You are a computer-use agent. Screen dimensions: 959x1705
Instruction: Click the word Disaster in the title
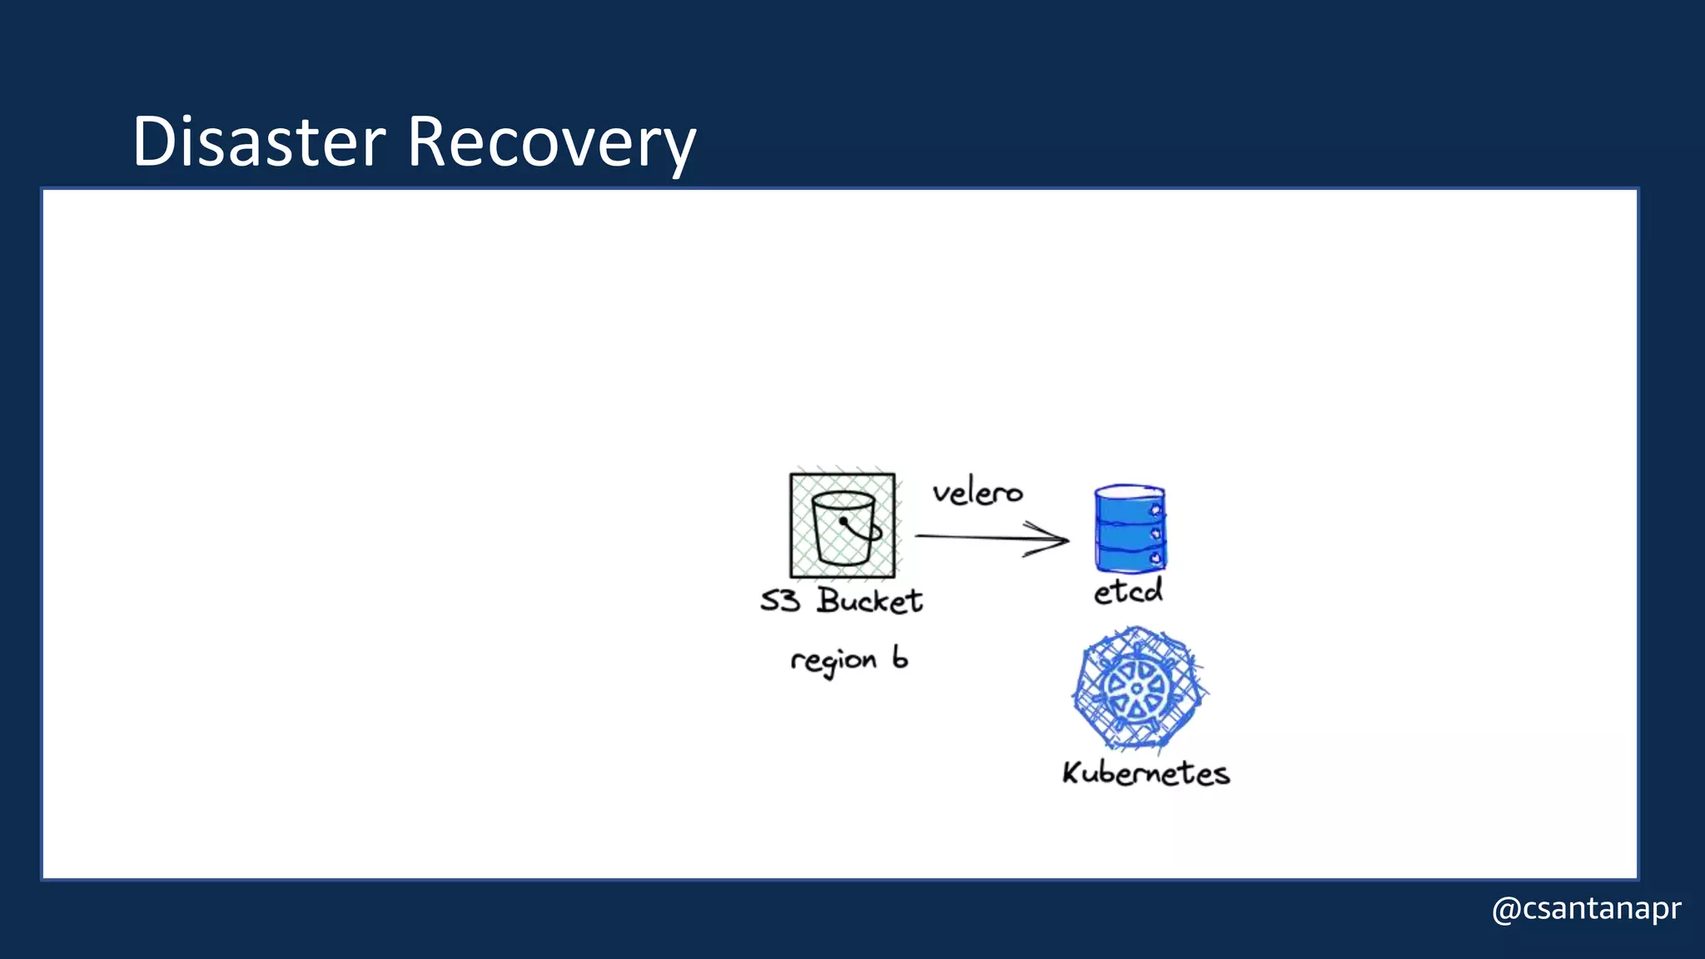click(x=259, y=142)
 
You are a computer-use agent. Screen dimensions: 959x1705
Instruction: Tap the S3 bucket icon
click(x=843, y=526)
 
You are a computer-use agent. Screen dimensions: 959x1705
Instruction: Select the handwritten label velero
click(x=977, y=493)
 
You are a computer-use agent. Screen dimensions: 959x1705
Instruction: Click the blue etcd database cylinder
click(x=1130, y=529)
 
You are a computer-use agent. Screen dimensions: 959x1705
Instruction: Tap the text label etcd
click(x=1128, y=592)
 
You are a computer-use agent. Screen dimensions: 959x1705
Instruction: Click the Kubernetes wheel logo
click(x=1137, y=689)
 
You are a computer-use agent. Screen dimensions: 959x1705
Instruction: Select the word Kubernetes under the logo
click(x=1146, y=773)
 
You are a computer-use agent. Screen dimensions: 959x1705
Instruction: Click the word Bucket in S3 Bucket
click(x=870, y=601)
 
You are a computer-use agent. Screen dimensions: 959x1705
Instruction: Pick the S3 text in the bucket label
click(x=780, y=601)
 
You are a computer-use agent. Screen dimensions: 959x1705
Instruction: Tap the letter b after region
click(x=900, y=658)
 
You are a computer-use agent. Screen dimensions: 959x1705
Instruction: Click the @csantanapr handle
click(x=1587, y=908)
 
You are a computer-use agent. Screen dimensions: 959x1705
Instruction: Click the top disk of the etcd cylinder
click(x=1130, y=504)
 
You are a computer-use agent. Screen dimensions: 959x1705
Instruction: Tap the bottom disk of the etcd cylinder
click(x=1130, y=556)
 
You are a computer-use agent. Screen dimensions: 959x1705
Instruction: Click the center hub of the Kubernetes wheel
click(x=1137, y=689)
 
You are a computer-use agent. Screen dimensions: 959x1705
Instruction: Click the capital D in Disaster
click(x=153, y=142)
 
